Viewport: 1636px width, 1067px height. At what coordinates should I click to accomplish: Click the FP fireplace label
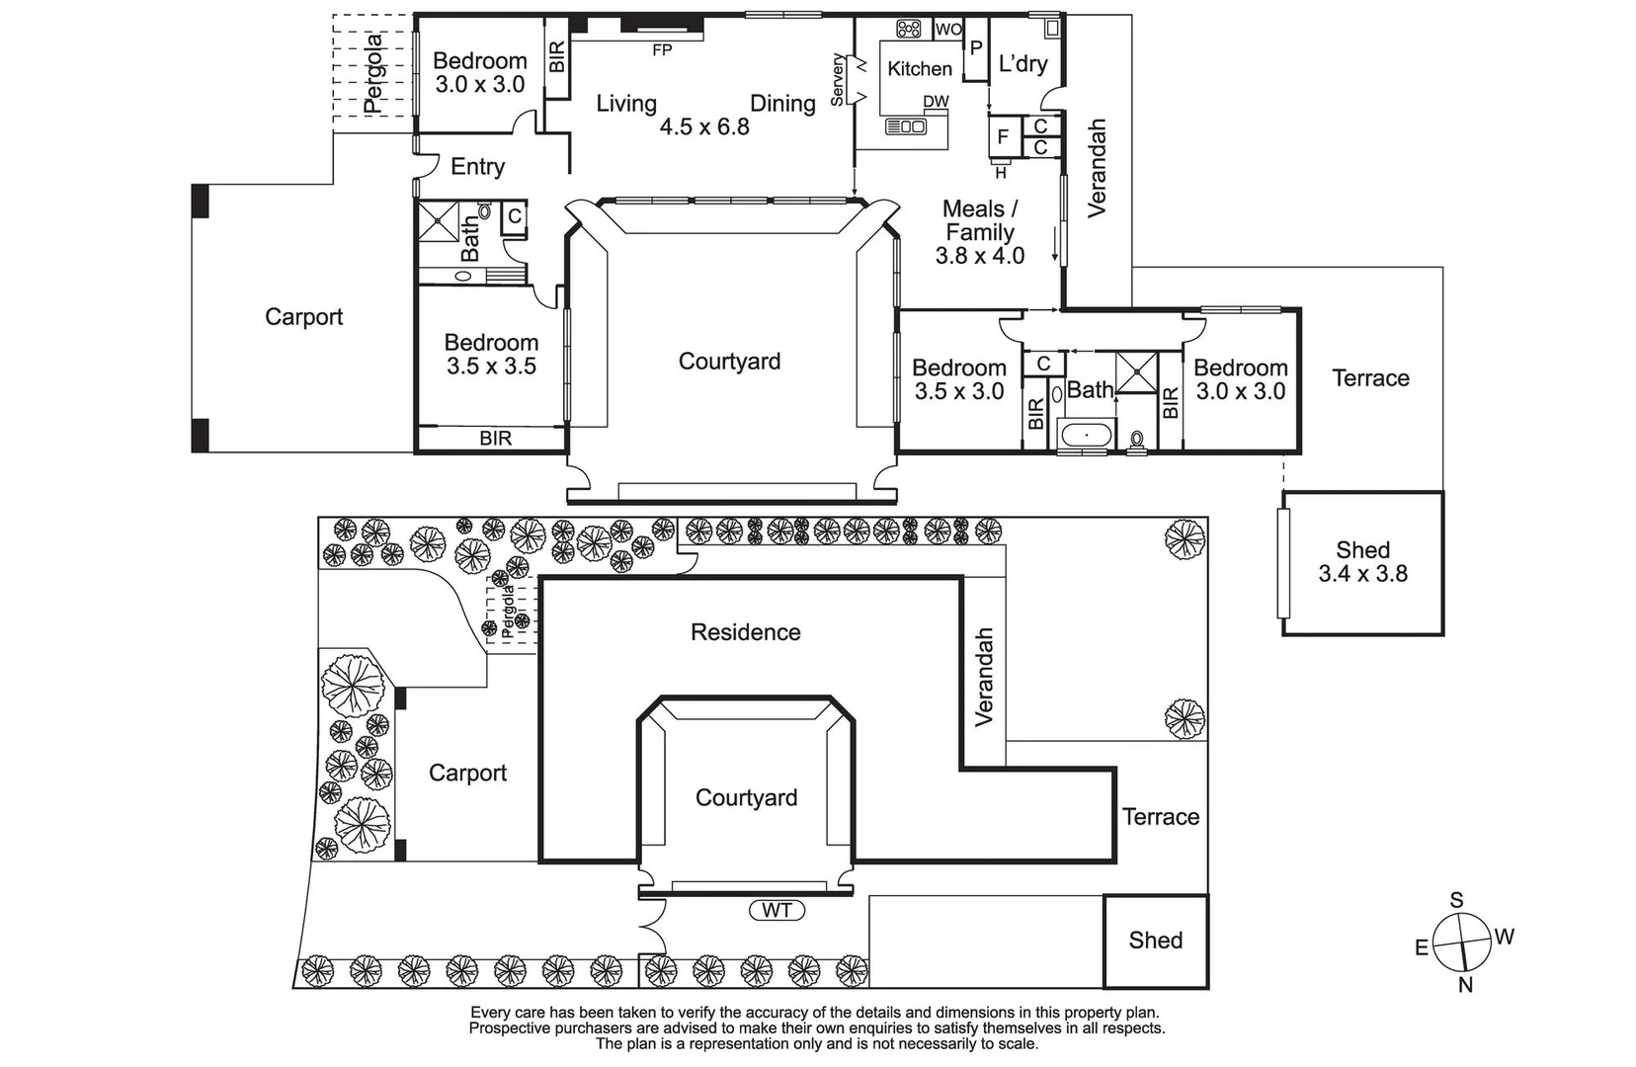[662, 49]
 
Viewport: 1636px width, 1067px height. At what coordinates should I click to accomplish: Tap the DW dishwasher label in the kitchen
[936, 102]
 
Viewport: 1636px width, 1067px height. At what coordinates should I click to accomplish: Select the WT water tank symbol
[777, 910]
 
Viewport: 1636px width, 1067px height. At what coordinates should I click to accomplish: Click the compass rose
[1462, 942]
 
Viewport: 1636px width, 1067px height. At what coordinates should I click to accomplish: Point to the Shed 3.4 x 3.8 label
[1362, 562]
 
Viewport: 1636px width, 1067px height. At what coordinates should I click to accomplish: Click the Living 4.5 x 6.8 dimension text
[704, 126]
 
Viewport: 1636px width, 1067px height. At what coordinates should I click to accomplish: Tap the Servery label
[838, 80]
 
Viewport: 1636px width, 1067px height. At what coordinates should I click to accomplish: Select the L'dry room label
[1022, 64]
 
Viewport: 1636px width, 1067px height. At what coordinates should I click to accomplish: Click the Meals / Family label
[979, 221]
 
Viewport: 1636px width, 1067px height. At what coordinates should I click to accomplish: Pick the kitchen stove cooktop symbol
[908, 29]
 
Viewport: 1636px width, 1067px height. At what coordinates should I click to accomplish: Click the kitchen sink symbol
[905, 126]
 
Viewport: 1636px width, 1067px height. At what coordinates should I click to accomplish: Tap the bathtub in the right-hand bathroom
[1085, 435]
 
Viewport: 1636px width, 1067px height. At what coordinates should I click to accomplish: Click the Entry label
[477, 167]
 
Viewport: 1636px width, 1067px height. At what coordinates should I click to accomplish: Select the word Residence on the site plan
[745, 632]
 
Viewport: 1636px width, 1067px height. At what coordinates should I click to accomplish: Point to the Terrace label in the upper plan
[1370, 378]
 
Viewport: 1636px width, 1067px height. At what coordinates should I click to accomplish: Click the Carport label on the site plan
[467, 773]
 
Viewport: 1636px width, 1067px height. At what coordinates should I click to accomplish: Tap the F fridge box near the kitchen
[1003, 137]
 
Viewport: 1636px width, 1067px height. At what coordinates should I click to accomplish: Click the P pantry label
[976, 48]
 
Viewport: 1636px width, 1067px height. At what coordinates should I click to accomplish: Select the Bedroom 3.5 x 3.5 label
[491, 355]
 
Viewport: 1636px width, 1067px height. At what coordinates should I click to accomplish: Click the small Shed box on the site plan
[1155, 941]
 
